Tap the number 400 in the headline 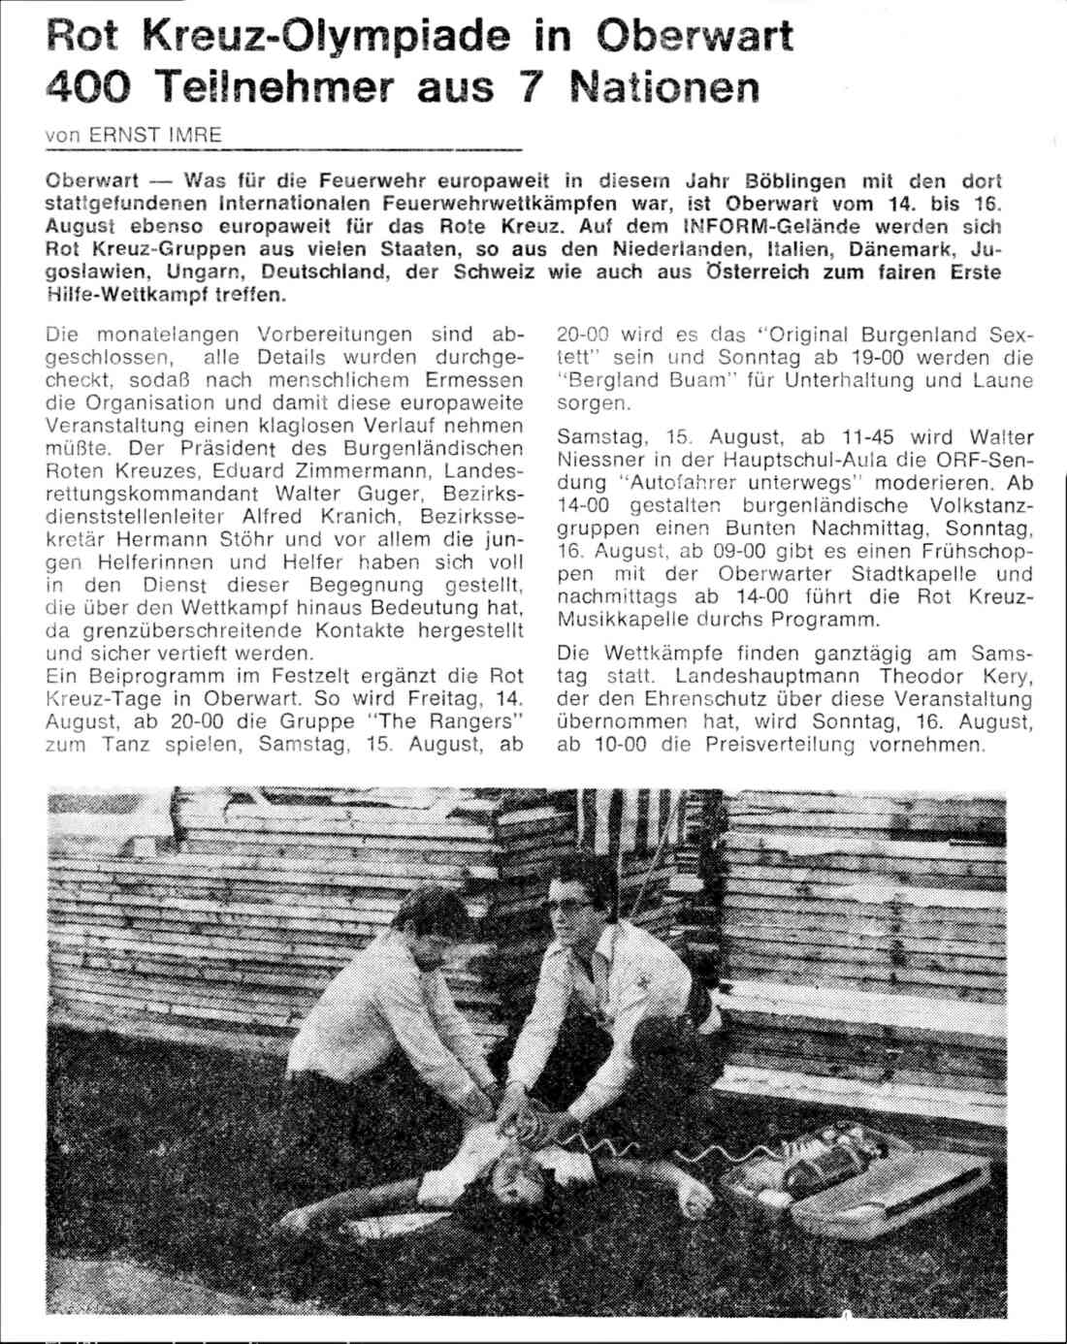pos(88,87)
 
